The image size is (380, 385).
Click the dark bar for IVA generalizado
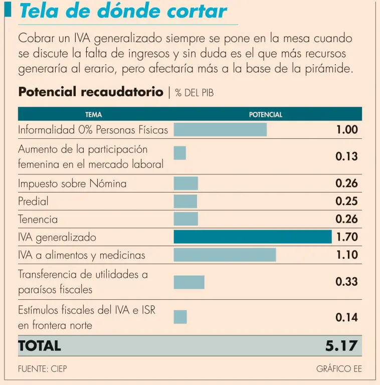(253, 237)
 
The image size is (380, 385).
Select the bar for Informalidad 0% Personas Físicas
(220, 130)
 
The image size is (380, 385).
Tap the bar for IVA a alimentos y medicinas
(225, 255)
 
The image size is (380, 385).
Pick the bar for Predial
(185, 201)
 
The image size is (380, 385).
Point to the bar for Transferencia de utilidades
(189, 282)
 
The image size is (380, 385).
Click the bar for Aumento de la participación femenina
(179, 153)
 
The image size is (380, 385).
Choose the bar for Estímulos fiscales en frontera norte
(180, 317)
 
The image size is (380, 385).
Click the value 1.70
(347, 237)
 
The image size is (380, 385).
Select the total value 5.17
(341, 345)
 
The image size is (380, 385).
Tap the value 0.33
(347, 282)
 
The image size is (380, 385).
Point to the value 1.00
(347, 130)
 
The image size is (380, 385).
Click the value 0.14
(347, 317)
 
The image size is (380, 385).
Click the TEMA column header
(93, 115)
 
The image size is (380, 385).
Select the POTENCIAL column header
(266, 115)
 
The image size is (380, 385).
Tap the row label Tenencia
(38, 219)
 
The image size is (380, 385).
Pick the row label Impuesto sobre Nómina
(72, 183)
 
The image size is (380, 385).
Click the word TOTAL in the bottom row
(39, 345)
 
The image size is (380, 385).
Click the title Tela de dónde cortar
(123, 12)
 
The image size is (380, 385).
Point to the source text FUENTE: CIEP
(43, 369)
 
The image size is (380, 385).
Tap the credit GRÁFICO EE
(339, 369)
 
